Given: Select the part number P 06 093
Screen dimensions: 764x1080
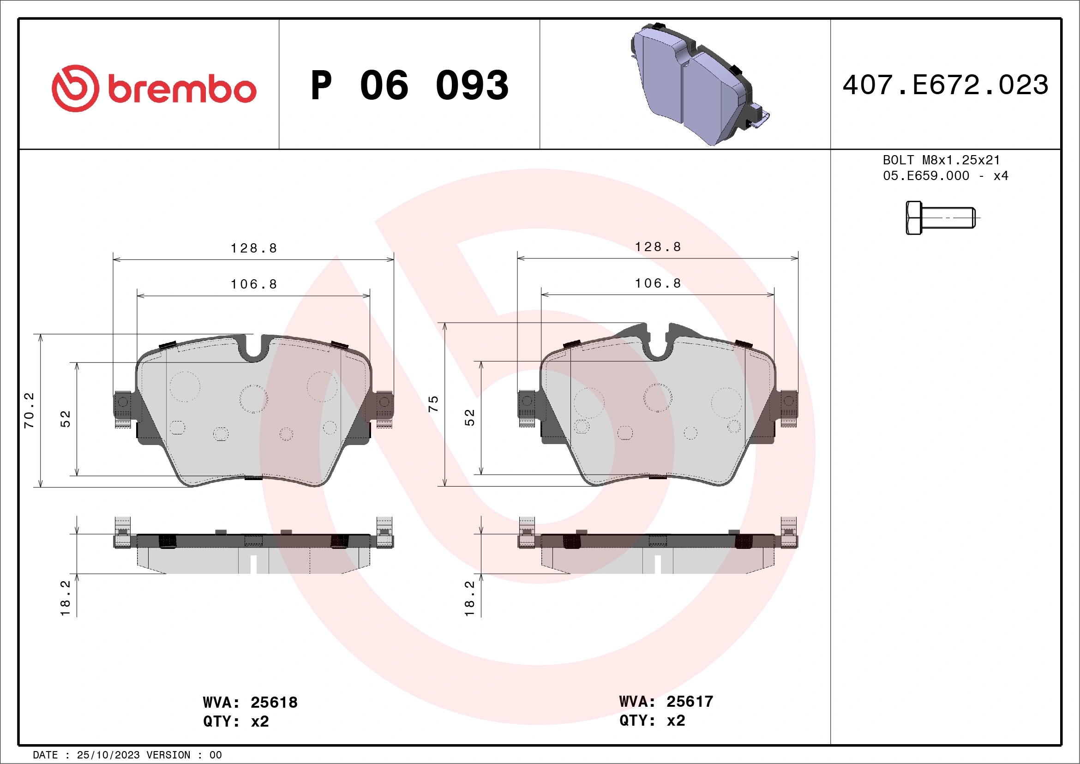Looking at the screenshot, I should (409, 85).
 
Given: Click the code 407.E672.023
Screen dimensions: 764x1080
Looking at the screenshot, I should (945, 85).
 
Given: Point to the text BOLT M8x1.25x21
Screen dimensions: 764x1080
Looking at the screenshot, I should (941, 160).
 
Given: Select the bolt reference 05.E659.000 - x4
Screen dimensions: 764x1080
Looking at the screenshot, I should (945, 176).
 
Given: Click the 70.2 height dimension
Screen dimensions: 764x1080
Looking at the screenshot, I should (29, 410).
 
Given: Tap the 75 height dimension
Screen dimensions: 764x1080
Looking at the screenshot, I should (433, 404).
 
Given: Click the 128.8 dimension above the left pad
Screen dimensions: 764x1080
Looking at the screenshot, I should (253, 248).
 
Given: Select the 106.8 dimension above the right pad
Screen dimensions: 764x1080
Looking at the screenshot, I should (658, 283).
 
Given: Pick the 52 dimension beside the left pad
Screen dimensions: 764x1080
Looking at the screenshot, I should (66, 419).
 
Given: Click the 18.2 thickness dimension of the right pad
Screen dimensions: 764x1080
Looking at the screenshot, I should (469, 598).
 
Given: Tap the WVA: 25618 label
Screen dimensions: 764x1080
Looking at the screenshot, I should (250, 702).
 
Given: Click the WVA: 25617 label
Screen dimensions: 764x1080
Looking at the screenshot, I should (666, 701).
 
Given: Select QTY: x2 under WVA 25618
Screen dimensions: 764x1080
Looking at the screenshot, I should (236, 721).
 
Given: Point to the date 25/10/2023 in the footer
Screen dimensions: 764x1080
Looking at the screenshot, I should (108, 755).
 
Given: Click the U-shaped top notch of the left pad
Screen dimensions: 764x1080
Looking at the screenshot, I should (254, 348).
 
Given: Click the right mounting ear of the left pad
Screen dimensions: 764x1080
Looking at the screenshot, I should (384, 404).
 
